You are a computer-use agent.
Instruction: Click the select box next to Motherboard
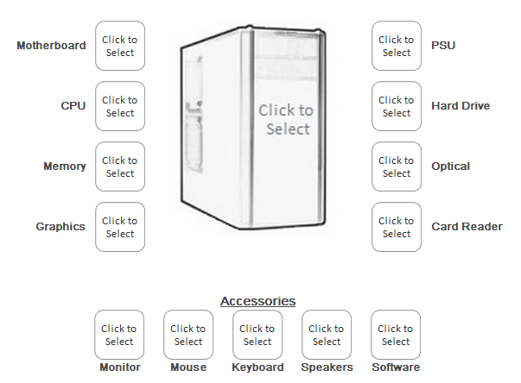(120, 46)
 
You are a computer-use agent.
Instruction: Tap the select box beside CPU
(120, 106)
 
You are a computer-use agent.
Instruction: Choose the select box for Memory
(120, 166)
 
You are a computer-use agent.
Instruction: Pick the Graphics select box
(120, 227)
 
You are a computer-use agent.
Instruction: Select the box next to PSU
(397, 46)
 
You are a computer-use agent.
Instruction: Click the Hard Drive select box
(397, 106)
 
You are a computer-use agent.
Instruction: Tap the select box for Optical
(397, 166)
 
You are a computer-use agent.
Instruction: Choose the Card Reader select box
(397, 227)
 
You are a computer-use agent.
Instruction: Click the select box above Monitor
(119, 335)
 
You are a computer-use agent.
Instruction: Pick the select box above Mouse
(188, 335)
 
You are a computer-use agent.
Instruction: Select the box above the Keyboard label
(257, 335)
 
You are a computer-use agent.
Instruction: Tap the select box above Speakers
(327, 335)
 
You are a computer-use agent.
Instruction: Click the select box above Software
(396, 335)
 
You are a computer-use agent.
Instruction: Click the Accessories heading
(257, 301)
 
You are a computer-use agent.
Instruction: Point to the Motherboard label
(51, 46)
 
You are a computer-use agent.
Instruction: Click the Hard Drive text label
(461, 106)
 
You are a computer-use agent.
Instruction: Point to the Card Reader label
(467, 227)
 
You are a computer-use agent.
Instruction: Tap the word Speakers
(327, 367)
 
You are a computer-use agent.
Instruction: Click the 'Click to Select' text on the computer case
(286, 120)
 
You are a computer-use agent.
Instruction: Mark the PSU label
(443, 46)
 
